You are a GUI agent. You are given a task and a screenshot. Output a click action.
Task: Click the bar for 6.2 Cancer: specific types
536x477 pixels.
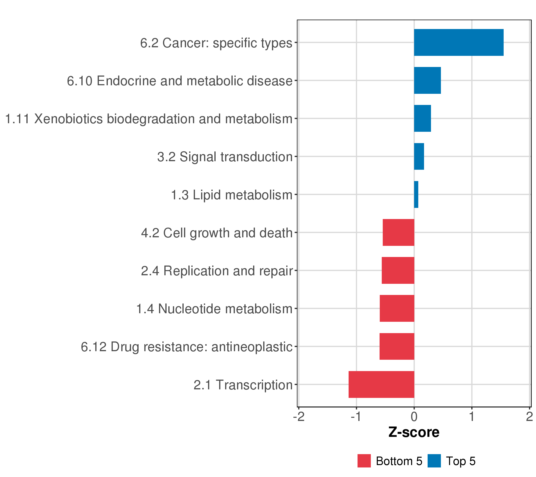click(458, 43)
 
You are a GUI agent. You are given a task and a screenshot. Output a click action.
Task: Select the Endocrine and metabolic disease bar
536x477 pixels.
click(427, 80)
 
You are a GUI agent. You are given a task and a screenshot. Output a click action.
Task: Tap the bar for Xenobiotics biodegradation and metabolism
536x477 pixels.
click(422, 118)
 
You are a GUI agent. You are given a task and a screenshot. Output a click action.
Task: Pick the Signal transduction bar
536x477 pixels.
click(419, 156)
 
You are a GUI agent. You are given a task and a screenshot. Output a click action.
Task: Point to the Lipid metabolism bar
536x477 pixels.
click(416, 195)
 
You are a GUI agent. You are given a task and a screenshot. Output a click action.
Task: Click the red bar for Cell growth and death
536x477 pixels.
click(398, 232)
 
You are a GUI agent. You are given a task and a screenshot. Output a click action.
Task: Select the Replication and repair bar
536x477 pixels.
click(398, 270)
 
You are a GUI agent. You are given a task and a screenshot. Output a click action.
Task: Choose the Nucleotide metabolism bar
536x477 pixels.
click(397, 308)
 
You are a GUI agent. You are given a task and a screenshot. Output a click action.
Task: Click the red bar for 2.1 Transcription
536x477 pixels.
click(381, 384)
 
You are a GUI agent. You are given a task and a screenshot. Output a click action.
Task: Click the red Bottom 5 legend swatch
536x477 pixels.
click(364, 461)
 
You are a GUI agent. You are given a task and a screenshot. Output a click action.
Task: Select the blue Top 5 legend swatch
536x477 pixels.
click(434, 461)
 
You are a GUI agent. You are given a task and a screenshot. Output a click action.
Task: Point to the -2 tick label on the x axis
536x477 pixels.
click(299, 417)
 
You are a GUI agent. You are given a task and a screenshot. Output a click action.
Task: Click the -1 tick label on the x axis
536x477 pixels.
click(356, 417)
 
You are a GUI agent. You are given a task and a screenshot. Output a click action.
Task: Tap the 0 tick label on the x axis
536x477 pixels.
click(414, 417)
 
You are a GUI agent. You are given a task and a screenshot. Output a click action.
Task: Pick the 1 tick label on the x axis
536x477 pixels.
click(472, 417)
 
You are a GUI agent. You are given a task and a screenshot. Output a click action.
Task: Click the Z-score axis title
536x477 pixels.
click(414, 432)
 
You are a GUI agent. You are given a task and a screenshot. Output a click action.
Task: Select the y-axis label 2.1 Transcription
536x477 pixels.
click(243, 385)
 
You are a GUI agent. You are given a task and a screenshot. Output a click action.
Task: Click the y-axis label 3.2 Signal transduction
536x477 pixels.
click(225, 157)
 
